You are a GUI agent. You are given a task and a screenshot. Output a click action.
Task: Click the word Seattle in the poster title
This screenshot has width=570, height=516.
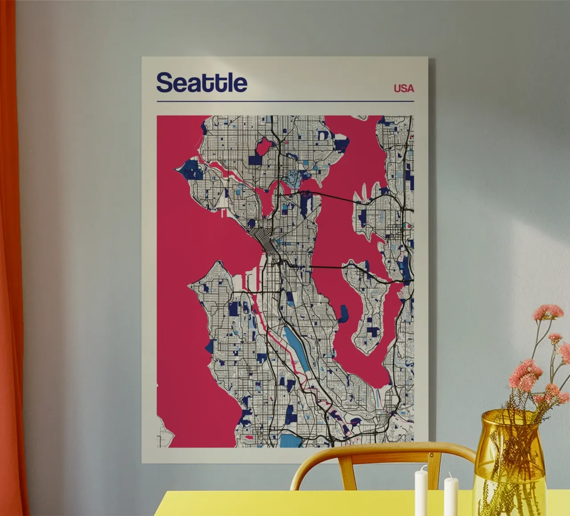pos(202,83)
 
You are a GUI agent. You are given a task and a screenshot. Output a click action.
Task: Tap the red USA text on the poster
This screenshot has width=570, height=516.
pos(403,88)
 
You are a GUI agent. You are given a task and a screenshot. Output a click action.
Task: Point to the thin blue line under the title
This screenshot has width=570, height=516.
pos(285,101)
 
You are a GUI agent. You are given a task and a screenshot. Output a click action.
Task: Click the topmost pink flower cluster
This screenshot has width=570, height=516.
pos(548,312)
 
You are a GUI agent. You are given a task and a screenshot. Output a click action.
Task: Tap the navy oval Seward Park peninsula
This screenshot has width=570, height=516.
pos(343,314)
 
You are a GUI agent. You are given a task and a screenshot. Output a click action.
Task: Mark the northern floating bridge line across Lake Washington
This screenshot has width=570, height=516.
pos(334,196)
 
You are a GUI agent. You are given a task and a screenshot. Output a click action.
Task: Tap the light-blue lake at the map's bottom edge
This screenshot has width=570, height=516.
pos(290,440)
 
